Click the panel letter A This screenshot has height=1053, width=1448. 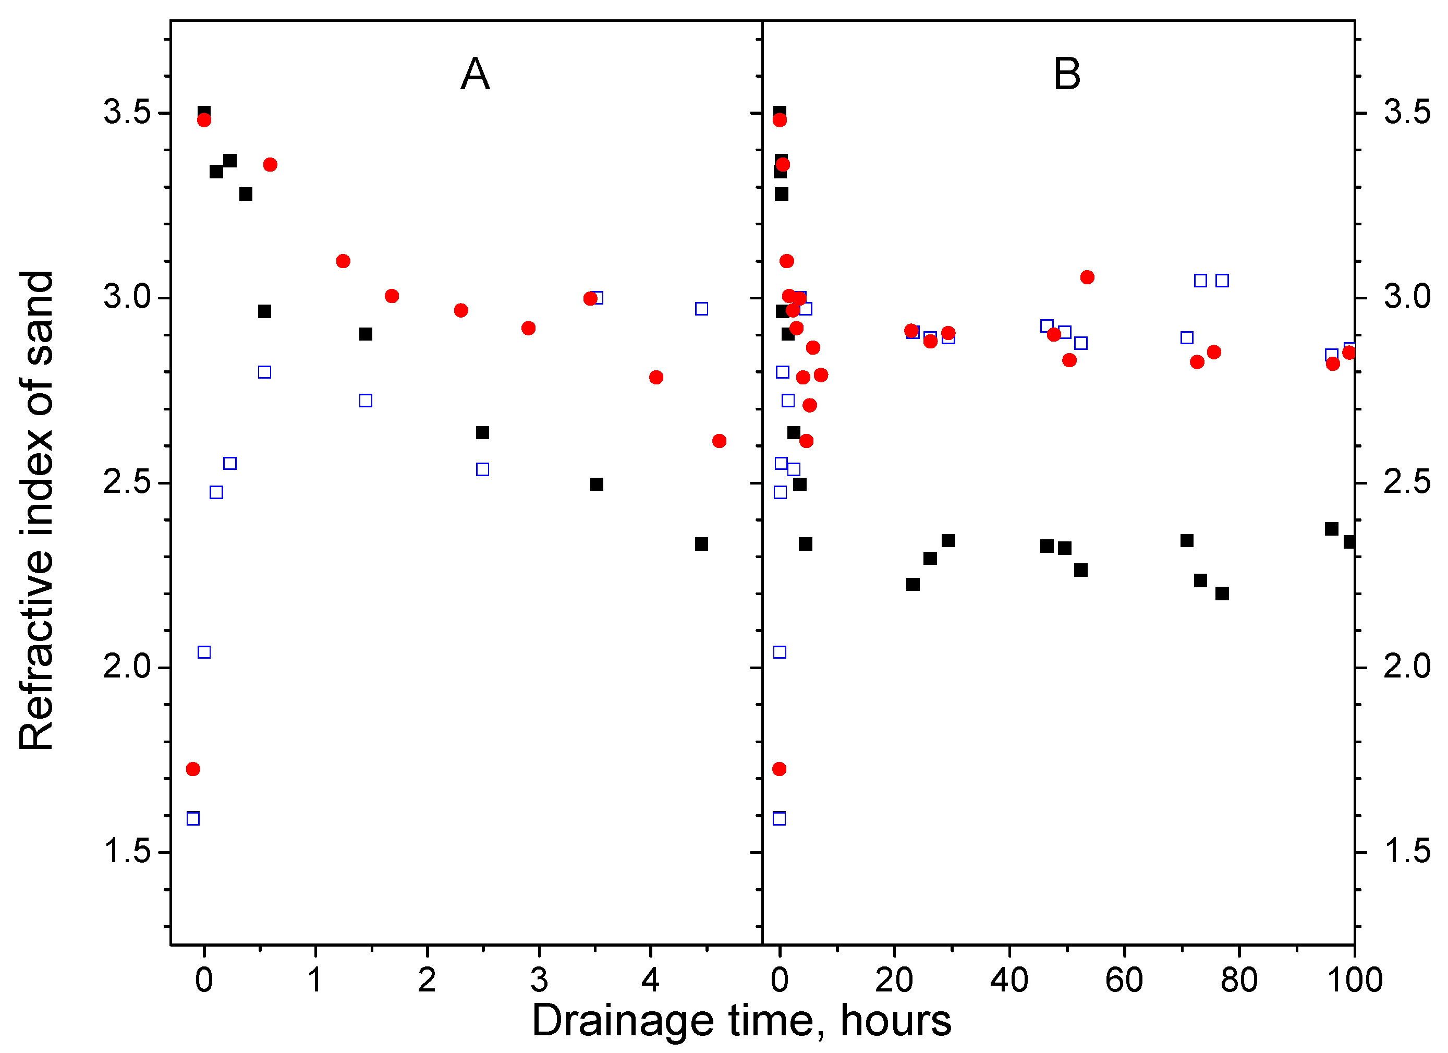point(475,74)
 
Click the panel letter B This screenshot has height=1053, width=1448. point(1067,74)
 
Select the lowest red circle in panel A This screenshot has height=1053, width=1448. point(193,769)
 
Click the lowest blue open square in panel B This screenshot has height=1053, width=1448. point(779,819)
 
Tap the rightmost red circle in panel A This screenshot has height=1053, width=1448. point(719,441)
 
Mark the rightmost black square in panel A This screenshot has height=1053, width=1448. point(701,544)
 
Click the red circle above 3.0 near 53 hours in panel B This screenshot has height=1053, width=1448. point(1087,277)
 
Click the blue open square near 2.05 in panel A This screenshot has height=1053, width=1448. point(204,652)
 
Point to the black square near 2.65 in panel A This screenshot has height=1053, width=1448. point(482,433)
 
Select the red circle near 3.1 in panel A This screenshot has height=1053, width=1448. point(343,261)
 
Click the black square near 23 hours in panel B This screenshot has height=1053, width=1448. point(913,584)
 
